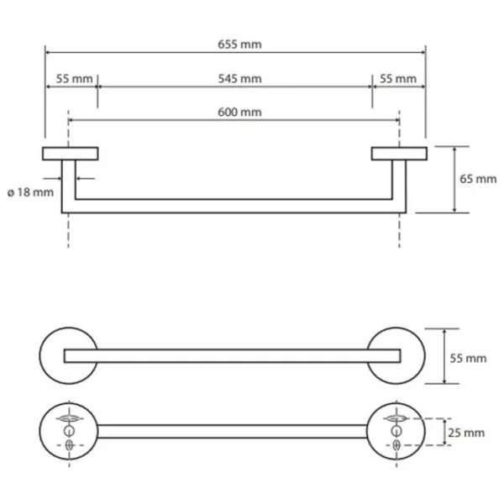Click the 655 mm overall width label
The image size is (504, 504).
[x=239, y=44]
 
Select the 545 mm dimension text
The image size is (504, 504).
[x=239, y=78]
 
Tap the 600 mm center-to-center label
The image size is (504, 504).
[x=239, y=112]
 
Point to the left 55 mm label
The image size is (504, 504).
[x=74, y=78]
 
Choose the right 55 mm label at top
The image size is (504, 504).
[x=398, y=78]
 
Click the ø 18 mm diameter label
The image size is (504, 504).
[x=30, y=192]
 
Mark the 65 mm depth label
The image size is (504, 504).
[x=478, y=179]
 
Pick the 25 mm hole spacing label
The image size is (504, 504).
[x=466, y=433]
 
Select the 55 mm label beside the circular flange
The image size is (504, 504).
[x=468, y=358]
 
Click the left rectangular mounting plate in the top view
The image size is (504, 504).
[x=71, y=154]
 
